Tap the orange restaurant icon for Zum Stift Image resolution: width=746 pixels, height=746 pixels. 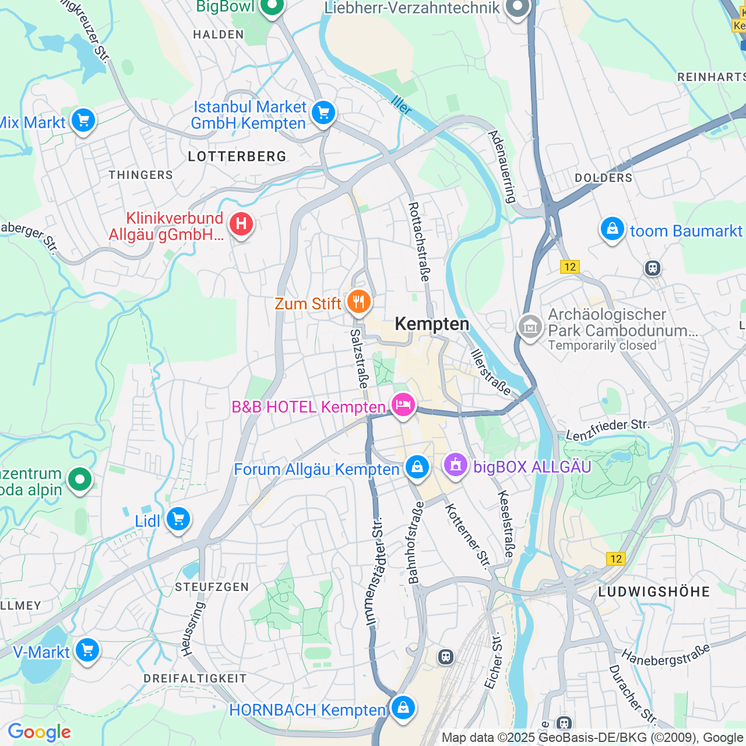coord(358,302)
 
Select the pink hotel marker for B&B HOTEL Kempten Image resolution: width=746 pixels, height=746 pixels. coord(403,404)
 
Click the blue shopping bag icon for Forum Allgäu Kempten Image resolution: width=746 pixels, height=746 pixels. coord(417,467)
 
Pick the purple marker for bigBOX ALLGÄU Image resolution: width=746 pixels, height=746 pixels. coord(455,465)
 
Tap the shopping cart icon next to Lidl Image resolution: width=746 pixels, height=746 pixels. coord(178,518)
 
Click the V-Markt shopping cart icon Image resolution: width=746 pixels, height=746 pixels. coord(87,650)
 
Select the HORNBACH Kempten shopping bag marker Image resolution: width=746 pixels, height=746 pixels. coord(403,708)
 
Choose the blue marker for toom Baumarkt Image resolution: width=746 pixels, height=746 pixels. coord(613,229)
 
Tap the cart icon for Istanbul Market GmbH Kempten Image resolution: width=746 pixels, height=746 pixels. coord(323,112)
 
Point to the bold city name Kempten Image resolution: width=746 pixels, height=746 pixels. coord(432,324)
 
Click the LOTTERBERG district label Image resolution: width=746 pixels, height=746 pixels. coord(237,156)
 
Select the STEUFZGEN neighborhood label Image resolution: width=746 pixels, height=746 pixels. coord(212,587)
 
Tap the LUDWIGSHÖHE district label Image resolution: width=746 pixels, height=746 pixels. coord(654,592)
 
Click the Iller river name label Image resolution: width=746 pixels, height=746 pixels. coord(402,105)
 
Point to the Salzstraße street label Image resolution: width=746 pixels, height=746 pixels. coord(360,358)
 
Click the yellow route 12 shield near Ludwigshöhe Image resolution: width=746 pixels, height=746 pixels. coord(616,559)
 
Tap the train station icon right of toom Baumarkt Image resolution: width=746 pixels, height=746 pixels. coord(652,268)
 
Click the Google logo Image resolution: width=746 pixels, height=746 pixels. coord(39,732)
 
